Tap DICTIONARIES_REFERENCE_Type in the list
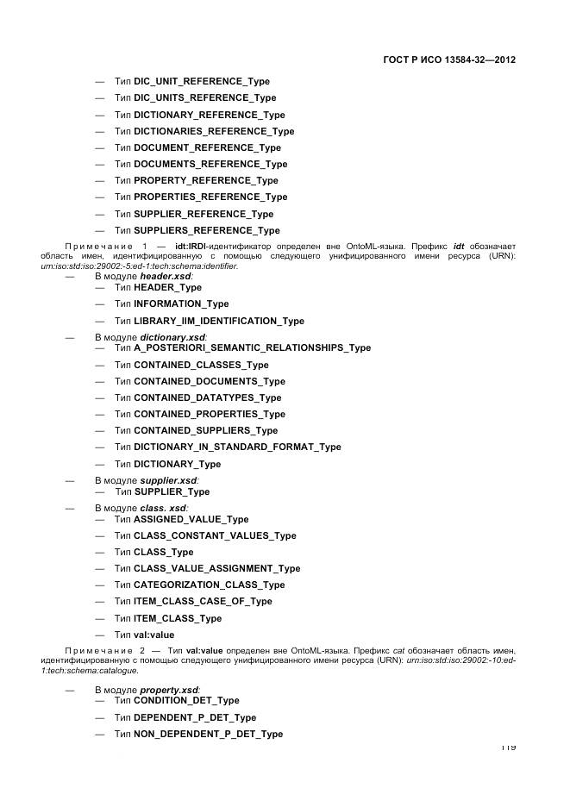(x=214, y=131)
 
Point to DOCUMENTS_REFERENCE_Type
(x=210, y=164)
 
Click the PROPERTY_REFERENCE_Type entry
(x=206, y=180)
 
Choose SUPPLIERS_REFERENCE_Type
(x=207, y=230)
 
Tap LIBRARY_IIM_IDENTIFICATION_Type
(x=219, y=321)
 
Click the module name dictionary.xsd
(x=172, y=337)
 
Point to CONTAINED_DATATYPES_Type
(x=208, y=397)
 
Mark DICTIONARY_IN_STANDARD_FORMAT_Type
(x=237, y=447)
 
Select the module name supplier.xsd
(x=169, y=480)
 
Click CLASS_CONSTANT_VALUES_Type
(x=215, y=535)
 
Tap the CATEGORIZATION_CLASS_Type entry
(x=209, y=585)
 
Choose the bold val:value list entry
(x=153, y=635)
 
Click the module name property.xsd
(x=170, y=690)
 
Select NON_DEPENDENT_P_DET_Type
(x=208, y=734)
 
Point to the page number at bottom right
(x=507, y=747)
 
